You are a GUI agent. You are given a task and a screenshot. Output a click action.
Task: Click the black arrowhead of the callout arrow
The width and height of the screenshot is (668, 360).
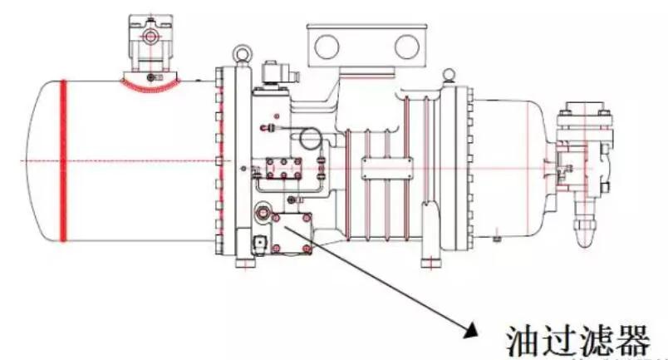(472, 331)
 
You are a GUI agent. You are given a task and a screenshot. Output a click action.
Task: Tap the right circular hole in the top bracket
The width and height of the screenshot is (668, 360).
(405, 44)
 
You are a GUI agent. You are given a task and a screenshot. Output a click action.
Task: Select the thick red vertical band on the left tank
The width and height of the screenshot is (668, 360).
(62, 160)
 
